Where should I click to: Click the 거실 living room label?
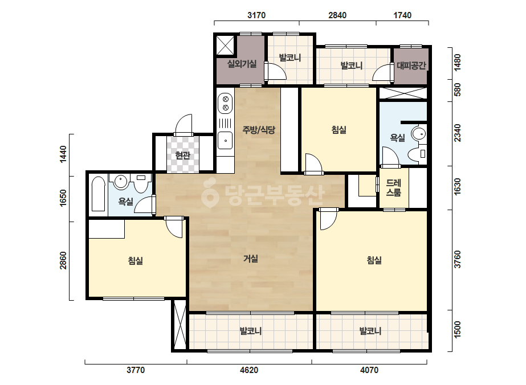click(251, 259)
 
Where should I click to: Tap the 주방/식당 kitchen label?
click(259, 130)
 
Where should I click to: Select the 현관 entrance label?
click(183, 155)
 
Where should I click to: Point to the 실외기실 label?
click(242, 64)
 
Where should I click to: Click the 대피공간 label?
click(411, 65)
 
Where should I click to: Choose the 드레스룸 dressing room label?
click(393, 188)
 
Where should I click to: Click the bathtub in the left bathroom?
click(98, 194)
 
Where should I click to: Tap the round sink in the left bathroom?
click(120, 182)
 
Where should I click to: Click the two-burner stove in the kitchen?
click(226, 103)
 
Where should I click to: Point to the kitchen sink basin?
click(225, 141)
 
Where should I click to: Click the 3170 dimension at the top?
click(256, 15)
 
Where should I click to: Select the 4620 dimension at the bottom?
click(249, 370)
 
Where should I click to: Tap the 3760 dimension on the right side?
click(458, 259)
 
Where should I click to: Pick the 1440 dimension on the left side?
click(63, 154)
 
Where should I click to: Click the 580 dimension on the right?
click(458, 90)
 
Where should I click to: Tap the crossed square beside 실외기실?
click(225, 45)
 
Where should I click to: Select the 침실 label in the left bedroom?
click(136, 261)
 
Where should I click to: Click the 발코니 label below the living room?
click(251, 331)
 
